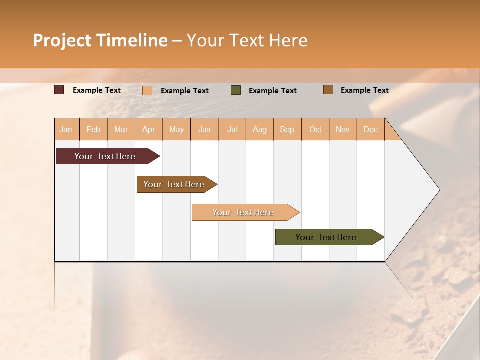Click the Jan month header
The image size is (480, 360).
66,129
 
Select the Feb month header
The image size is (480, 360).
93,129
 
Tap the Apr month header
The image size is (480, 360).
148,129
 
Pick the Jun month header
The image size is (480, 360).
204,129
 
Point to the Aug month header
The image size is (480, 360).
259,129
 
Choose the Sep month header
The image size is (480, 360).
287,129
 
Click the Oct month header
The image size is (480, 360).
315,129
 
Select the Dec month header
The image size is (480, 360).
370,129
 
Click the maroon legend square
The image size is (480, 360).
59,90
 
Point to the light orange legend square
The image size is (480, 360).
147,90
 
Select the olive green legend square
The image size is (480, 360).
236,90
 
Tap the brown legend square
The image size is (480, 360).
328,90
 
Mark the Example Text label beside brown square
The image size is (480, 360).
364,90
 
